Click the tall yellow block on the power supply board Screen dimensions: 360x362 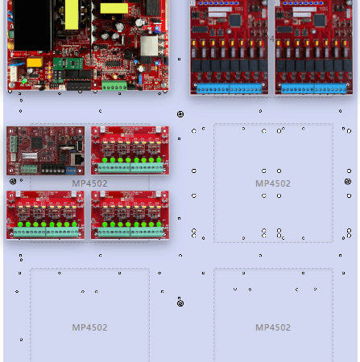pos(72,14)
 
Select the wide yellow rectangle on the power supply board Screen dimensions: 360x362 pos(114,8)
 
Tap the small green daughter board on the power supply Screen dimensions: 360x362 pos(68,64)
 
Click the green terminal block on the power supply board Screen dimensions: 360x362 pos(114,86)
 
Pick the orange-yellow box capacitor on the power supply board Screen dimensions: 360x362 pos(35,63)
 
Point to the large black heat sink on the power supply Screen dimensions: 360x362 pos(32,26)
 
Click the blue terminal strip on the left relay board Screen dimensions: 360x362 pos(230,88)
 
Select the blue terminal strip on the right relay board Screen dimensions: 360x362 pos(314,88)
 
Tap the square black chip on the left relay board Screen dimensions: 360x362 pos(235,20)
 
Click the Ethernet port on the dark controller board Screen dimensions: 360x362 pos(78,159)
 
